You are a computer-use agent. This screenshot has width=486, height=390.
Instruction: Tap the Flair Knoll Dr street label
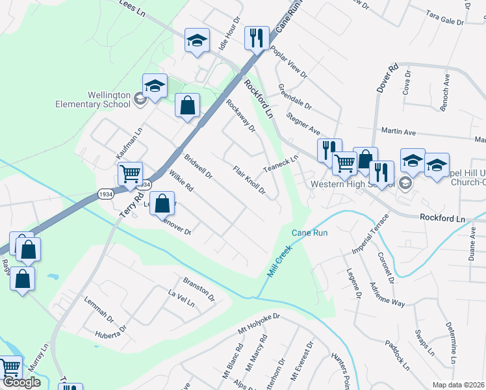point(249,179)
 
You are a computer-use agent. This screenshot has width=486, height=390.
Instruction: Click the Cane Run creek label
point(309,233)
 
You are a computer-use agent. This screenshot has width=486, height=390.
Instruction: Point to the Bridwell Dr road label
point(198,166)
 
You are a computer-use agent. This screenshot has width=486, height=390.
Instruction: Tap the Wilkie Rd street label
point(181,180)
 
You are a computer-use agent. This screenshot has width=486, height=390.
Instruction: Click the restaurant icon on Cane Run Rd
point(257,38)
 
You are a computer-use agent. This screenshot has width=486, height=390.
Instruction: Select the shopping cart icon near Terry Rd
point(131,174)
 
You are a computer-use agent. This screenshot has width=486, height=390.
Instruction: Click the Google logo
point(21,383)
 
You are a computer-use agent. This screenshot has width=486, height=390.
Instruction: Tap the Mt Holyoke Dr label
point(258,324)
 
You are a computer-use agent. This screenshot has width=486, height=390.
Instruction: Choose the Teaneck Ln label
point(281,163)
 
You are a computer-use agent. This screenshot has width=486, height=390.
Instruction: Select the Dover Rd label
point(392,76)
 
